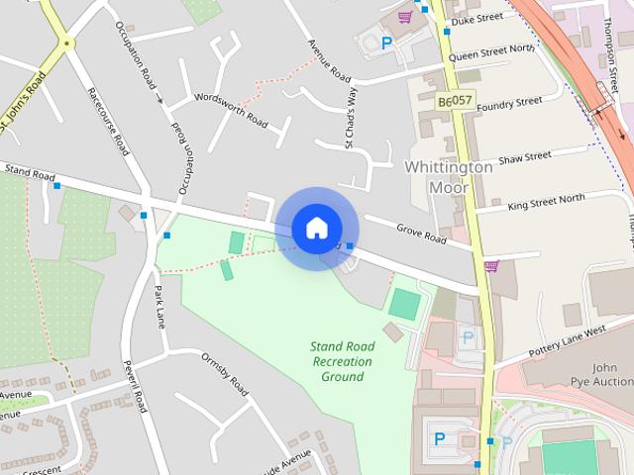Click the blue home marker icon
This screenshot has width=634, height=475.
[316, 229]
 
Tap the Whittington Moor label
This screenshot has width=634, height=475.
[449, 177]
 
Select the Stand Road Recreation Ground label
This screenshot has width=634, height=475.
[342, 361]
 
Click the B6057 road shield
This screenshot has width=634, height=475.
[455, 102]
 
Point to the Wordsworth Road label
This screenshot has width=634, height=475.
[231, 111]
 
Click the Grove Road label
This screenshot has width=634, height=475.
[422, 234]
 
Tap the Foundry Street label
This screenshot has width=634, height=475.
[509, 103]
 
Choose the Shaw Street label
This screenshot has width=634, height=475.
[524, 157]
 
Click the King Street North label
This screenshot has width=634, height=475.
[546, 202]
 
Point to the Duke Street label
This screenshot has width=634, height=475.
[476, 18]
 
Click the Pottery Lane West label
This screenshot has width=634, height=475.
[567, 339]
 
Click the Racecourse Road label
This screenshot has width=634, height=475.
[108, 122]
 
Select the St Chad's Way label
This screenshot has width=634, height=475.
[349, 118]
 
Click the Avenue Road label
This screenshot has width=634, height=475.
[329, 60]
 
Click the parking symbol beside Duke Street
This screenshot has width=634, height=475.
[387, 43]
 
